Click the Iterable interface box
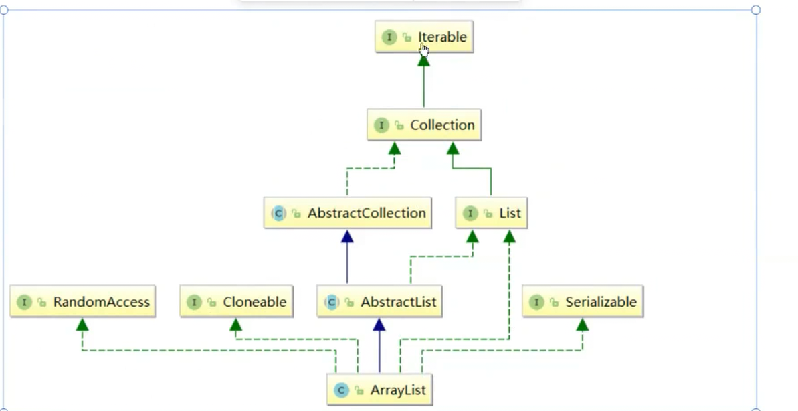pos(424,37)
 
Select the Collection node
pos(424,125)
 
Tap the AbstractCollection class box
pos(347,214)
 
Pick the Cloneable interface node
pos(236,302)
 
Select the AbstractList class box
pos(379,302)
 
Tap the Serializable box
pos(582,302)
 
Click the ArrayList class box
pos(379,390)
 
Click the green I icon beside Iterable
pos(389,37)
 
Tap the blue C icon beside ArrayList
pos(341,390)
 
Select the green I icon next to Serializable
pos(536,303)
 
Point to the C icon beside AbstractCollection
pos(278,214)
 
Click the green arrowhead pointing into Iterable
pos(423,60)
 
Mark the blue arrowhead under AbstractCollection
pos(346,236)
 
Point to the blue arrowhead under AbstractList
pos(379,325)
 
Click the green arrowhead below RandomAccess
pos(82,325)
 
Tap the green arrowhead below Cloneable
pos(235,325)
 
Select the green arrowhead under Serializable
pos(582,325)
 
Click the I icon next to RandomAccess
pos(24,303)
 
